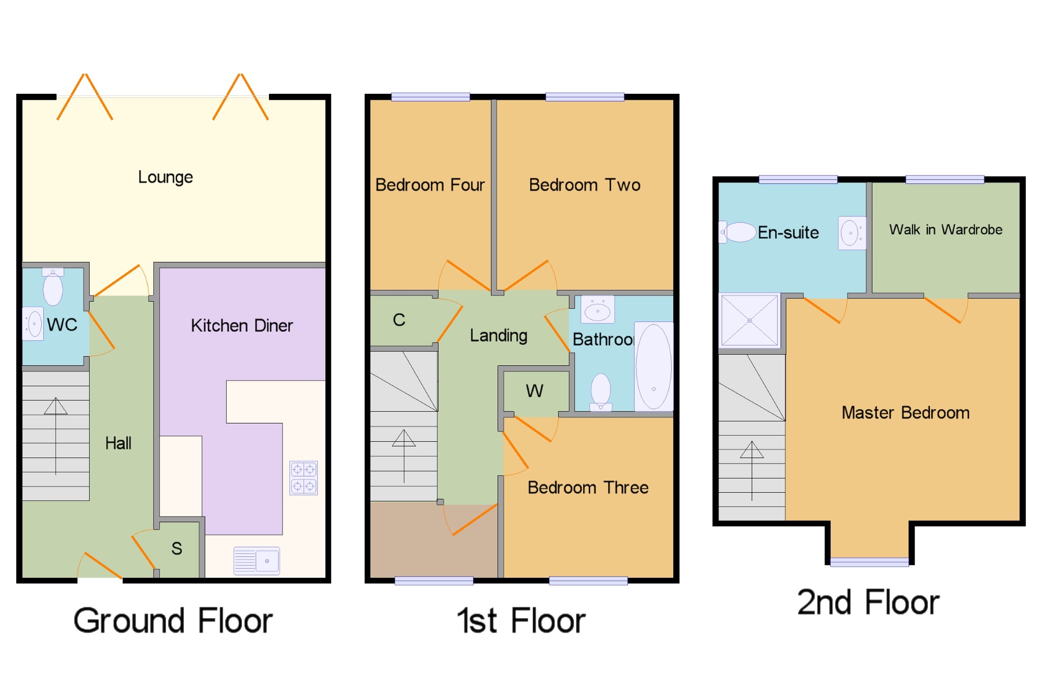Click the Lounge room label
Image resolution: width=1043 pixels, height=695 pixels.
166,177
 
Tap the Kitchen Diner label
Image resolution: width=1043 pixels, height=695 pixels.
241,326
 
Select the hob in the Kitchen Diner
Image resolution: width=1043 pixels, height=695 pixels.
304,477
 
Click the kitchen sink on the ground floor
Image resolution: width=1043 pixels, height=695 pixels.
257,560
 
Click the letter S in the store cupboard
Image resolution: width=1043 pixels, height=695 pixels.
177,548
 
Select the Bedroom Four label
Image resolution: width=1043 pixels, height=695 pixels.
430,184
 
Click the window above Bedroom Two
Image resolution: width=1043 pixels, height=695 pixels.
585,97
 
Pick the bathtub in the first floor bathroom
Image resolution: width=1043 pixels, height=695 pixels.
653,366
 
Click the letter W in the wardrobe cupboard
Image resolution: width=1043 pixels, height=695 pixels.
534,391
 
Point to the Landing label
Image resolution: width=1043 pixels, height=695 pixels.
498,335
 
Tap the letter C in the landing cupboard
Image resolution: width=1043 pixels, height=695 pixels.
399,320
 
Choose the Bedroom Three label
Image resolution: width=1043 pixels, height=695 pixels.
588,488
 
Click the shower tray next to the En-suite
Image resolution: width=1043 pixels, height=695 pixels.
749,320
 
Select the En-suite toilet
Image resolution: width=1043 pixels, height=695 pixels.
738,232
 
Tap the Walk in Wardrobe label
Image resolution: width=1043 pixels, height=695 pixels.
946,230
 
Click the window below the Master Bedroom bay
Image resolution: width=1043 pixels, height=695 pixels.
869,562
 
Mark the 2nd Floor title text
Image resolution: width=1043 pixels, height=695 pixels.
868,603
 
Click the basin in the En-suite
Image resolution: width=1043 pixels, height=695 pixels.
851,233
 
